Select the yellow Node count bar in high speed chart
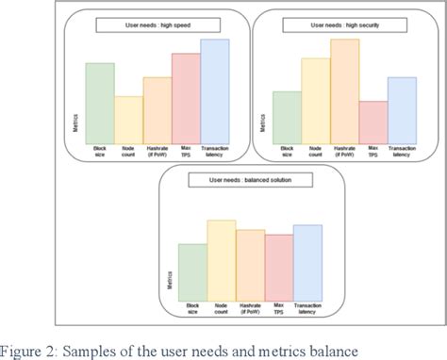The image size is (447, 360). point(129,119)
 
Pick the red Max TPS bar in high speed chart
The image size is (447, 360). point(186,97)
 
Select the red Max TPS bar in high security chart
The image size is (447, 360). point(373,122)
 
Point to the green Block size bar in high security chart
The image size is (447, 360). point(287,117)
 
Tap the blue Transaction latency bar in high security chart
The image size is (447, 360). point(403,109)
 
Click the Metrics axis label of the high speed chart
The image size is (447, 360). point(76,121)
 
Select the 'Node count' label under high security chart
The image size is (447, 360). point(316,151)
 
